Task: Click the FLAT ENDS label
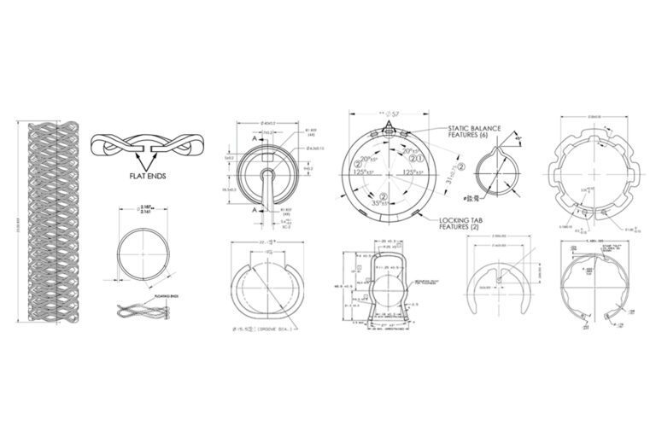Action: tap(140, 178)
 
